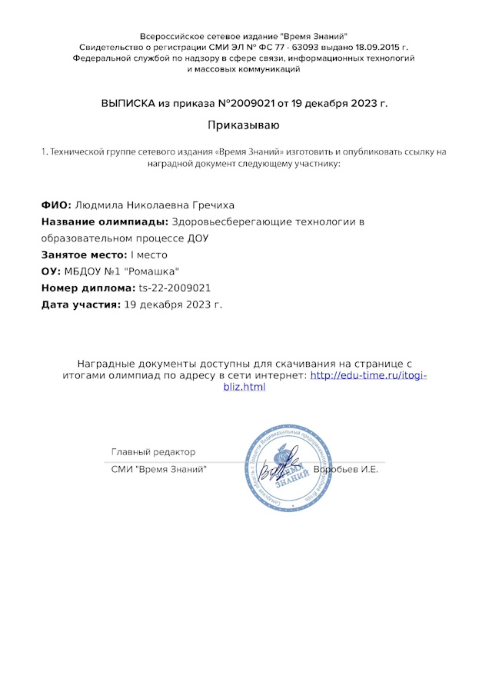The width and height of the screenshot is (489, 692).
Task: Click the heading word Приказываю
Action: (244, 125)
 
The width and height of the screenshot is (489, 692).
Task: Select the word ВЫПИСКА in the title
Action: (127, 102)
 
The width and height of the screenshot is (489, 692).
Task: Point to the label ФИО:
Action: (56, 205)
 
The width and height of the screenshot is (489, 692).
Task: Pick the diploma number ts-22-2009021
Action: (175, 288)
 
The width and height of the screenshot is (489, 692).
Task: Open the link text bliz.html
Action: (243, 387)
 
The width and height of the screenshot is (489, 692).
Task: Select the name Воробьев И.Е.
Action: (346, 469)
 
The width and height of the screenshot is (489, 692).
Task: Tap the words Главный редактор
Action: (153, 452)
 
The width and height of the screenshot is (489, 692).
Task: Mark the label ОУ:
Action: (51, 271)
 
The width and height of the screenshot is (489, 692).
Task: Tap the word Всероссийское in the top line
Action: (171, 36)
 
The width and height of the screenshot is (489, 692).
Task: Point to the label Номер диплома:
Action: (88, 288)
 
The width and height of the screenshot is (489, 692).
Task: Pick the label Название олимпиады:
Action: (105, 222)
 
